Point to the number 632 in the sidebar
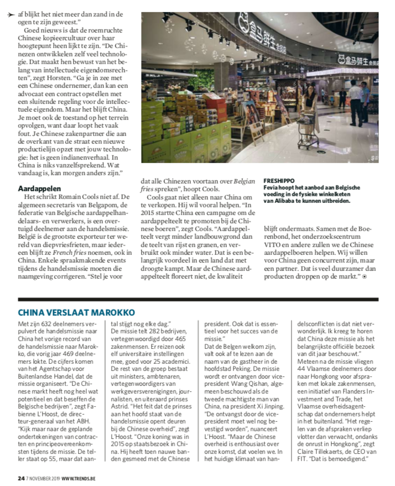tap(49, 323)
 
